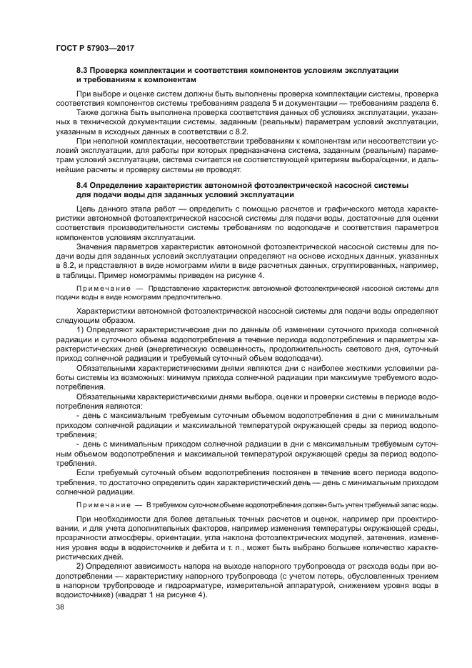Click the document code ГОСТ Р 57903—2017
click(95, 49)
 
